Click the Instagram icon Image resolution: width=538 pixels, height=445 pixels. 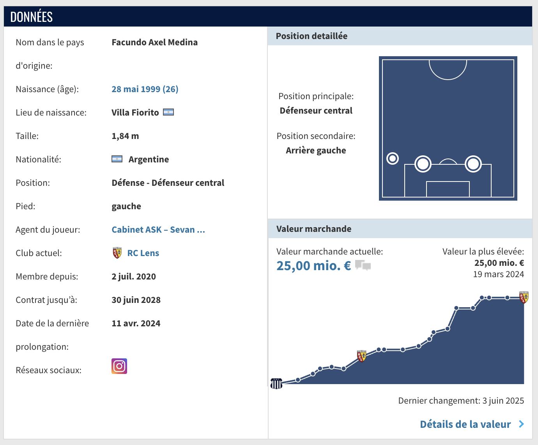pos(119,366)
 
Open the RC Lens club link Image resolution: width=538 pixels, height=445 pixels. pos(143,253)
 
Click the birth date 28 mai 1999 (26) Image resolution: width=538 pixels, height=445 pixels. pos(145,89)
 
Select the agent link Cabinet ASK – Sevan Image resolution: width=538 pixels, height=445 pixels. pos(158,230)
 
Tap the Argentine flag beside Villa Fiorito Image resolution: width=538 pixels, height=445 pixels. pos(168,112)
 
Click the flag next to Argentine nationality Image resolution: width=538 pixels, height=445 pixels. pos(117,159)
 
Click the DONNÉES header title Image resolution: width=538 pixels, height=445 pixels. pos(32,17)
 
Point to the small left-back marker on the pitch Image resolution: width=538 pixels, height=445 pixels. pos(393,158)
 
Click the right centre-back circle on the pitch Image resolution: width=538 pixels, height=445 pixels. pos(473,164)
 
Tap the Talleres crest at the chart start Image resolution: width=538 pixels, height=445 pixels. pos(276,383)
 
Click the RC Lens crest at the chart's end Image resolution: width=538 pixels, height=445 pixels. pos(524,297)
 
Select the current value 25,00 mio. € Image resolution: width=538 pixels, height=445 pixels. pos(314,266)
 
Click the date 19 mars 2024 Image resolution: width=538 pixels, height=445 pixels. pos(498,274)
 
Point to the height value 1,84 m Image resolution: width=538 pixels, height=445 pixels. pos(125,136)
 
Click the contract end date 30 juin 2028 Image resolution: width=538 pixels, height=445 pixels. pos(136,300)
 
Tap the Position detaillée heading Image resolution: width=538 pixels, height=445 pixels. pos(311,36)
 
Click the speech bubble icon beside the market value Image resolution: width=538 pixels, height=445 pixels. pos(363,265)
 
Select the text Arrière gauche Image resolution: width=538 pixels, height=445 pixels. pos(316,150)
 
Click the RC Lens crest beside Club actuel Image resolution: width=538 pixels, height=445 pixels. pos(117,253)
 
